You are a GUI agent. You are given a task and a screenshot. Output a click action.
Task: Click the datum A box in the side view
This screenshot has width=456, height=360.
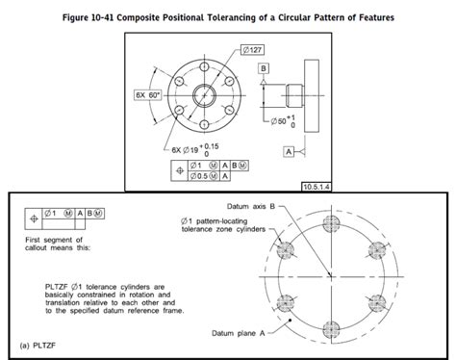click(287, 151)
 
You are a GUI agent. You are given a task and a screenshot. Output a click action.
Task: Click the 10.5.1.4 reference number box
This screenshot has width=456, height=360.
click(314, 184)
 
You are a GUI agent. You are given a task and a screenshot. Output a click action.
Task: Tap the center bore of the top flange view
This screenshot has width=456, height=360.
click(206, 95)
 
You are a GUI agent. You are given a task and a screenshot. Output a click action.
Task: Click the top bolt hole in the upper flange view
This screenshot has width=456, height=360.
click(206, 57)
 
